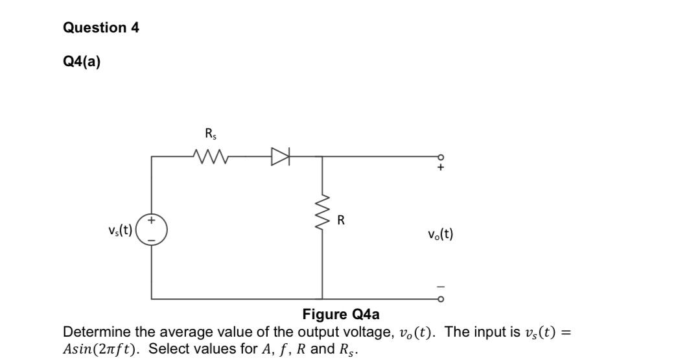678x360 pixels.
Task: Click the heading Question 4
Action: point(100,28)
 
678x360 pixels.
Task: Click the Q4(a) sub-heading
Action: point(82,62)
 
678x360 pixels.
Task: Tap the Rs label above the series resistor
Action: point(210,135)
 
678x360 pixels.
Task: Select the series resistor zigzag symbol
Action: point(210,156)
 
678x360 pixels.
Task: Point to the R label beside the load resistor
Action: point(341,221)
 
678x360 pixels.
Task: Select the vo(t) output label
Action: point(441,234)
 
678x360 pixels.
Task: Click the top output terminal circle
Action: point(441,156)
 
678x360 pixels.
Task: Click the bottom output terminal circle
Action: point(441,299)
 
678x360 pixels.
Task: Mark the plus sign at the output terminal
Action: point(441,167)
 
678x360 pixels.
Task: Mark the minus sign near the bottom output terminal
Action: point(441,287)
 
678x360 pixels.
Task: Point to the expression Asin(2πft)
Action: point(103,348)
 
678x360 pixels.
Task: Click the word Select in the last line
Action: point(167,348)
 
